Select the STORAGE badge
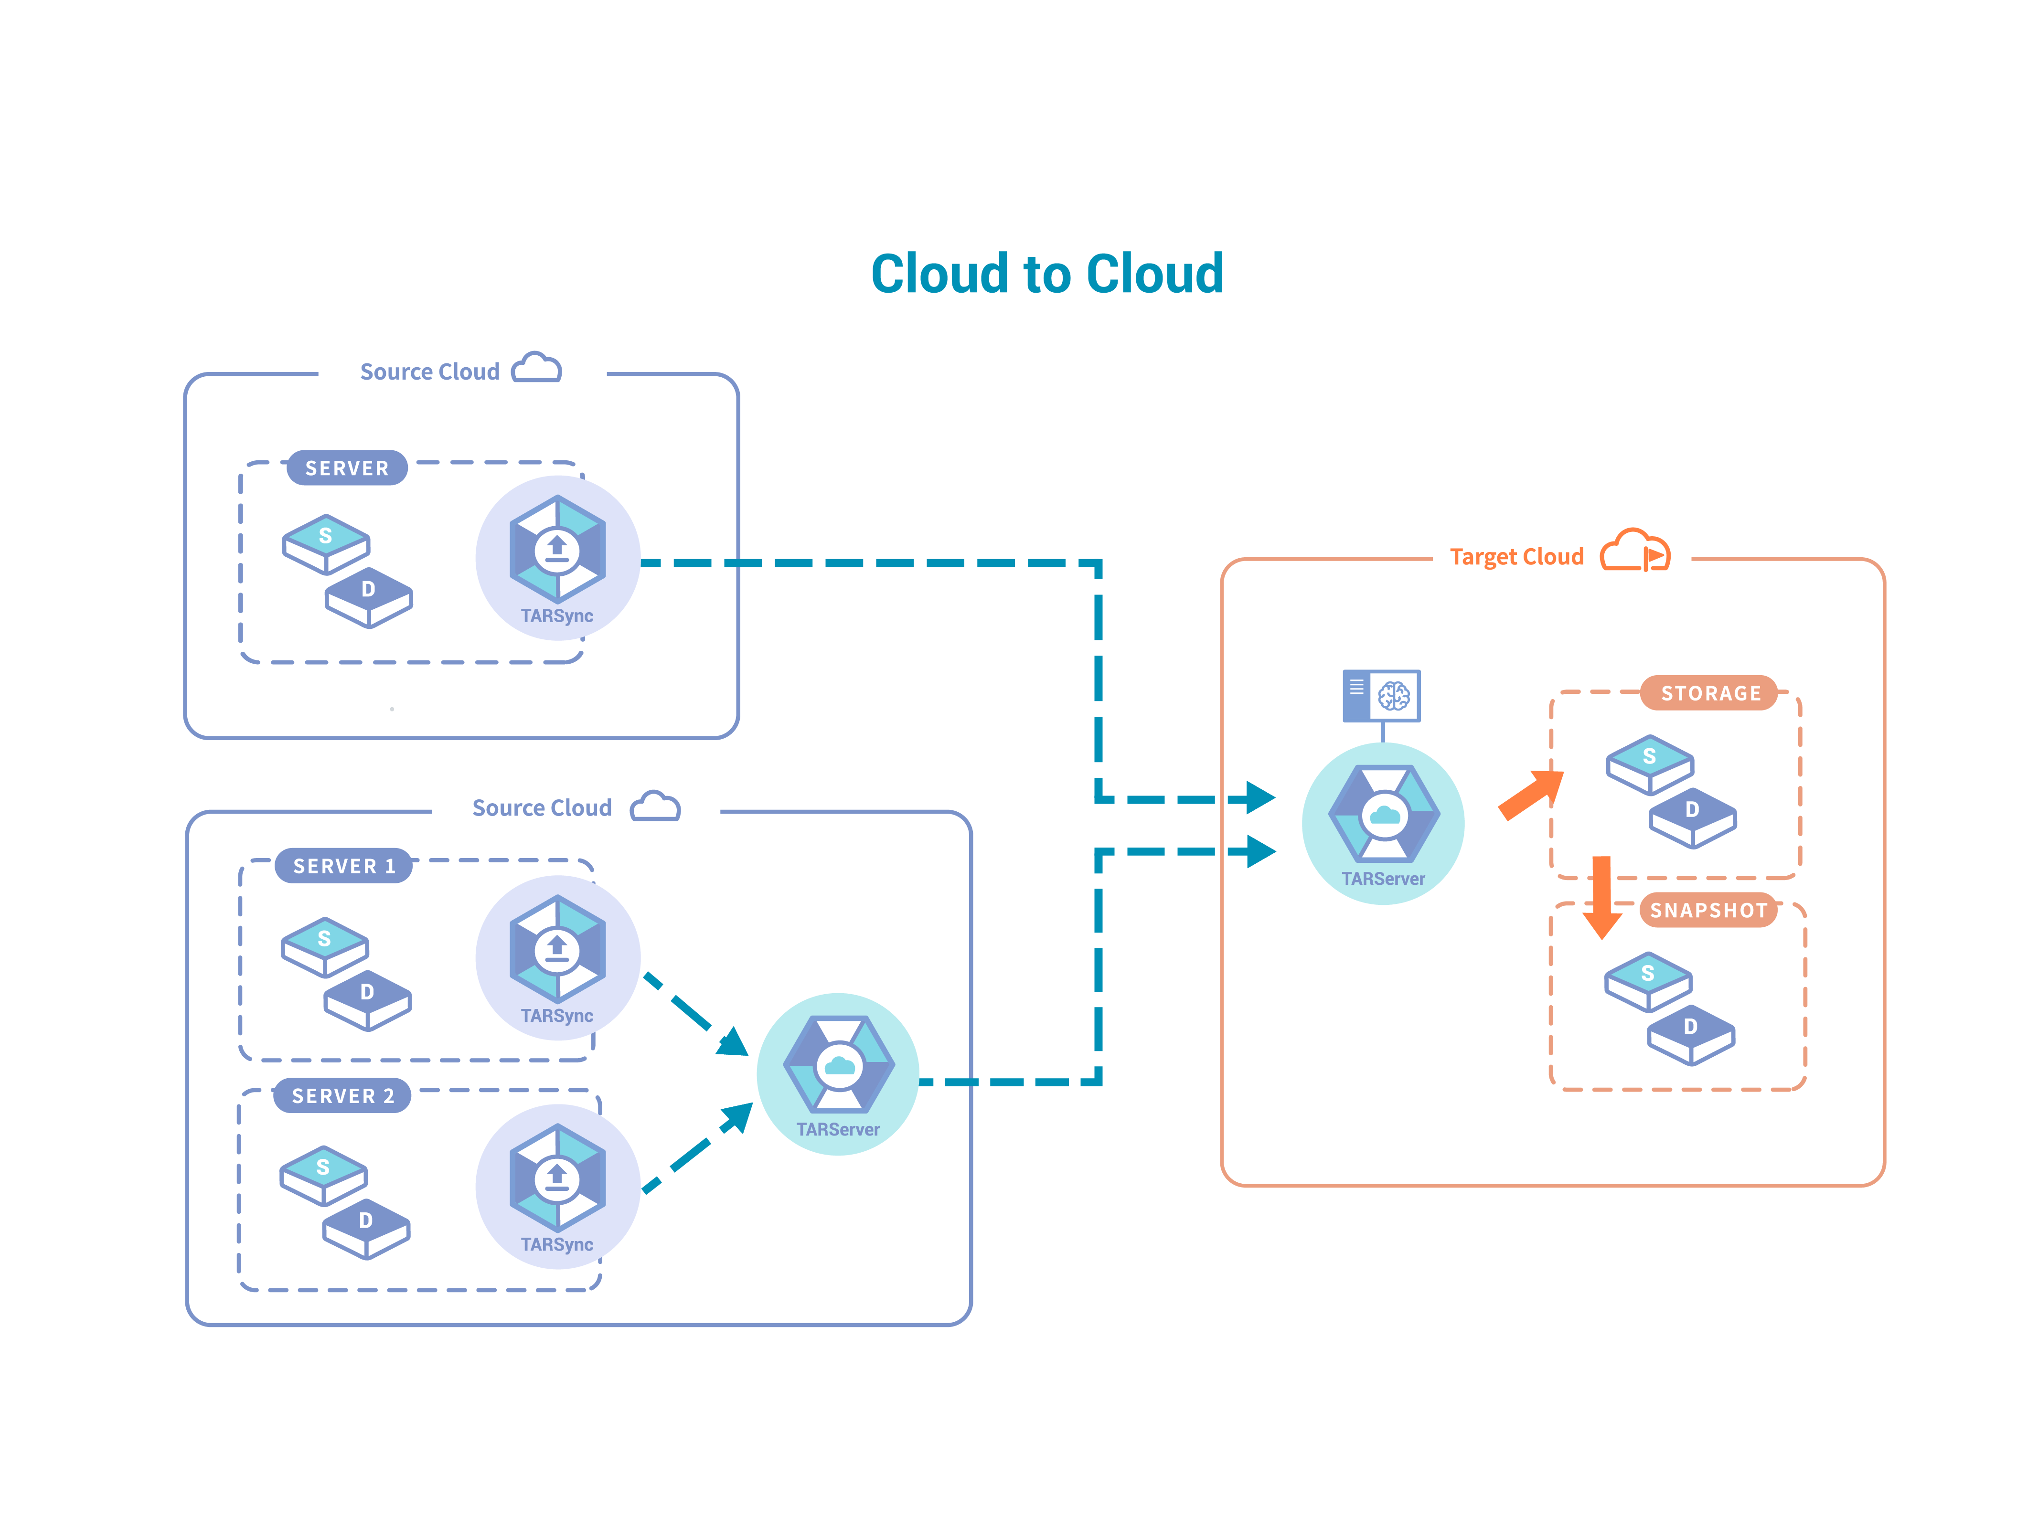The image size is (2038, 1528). point(1710,693)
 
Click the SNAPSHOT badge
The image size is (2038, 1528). point(1708,911)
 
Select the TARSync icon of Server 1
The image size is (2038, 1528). point(557,951)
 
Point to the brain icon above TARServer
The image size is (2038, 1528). point(1393,696)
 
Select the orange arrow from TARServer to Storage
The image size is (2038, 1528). point(1531,794)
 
